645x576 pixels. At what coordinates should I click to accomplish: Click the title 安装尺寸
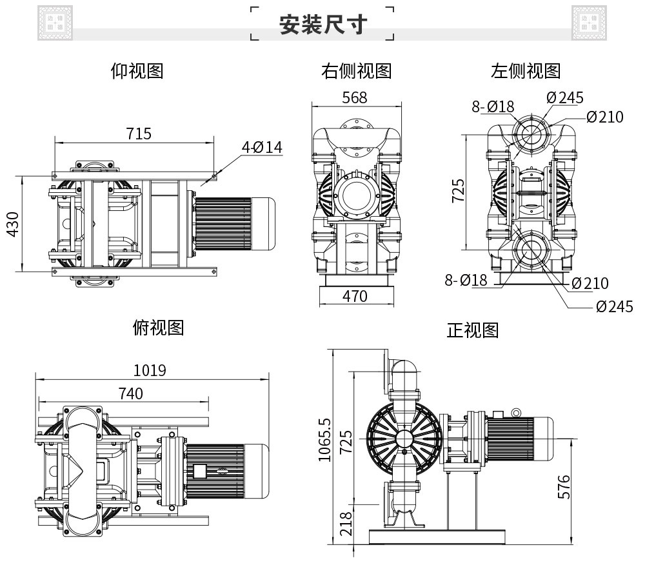[322, 25]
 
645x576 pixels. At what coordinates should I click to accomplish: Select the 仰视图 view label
[137, 71]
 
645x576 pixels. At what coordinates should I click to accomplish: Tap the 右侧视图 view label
[356, 71]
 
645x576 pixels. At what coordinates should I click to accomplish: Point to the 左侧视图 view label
[526, 71]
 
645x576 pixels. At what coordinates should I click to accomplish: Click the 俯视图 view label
[158, 328]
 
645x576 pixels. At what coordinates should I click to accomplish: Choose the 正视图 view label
[473, 330]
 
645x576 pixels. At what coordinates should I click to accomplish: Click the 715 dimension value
[139, 134]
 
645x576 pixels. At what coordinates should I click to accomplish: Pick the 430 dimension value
[13, 224]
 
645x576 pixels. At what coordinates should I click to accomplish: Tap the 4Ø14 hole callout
[262, 147]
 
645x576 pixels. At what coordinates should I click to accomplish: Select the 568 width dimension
[355, 97]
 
